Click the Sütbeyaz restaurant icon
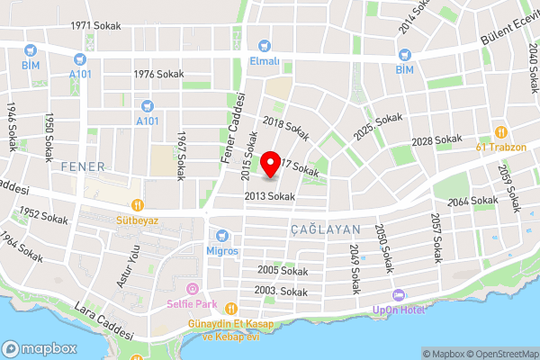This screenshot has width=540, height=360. (x=137, y=204)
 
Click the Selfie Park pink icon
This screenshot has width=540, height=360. (x=191, y=289)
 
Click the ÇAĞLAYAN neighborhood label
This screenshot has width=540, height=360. (x=325, y=230)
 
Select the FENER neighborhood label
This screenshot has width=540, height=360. (x=84, y=166)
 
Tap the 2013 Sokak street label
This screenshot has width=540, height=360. (x=269, y=195)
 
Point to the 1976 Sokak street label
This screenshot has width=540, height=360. (x=158, y=75)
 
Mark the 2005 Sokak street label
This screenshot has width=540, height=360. (x=282, y=270)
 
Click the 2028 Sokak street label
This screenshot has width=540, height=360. (x=436, y=141)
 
